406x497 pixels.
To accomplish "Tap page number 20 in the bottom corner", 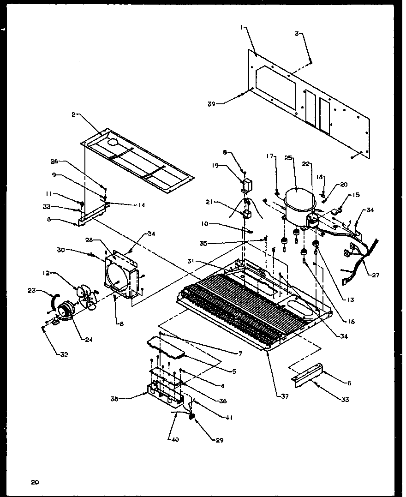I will (x=35, y=483).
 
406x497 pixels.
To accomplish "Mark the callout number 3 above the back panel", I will (x=298, y=33).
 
